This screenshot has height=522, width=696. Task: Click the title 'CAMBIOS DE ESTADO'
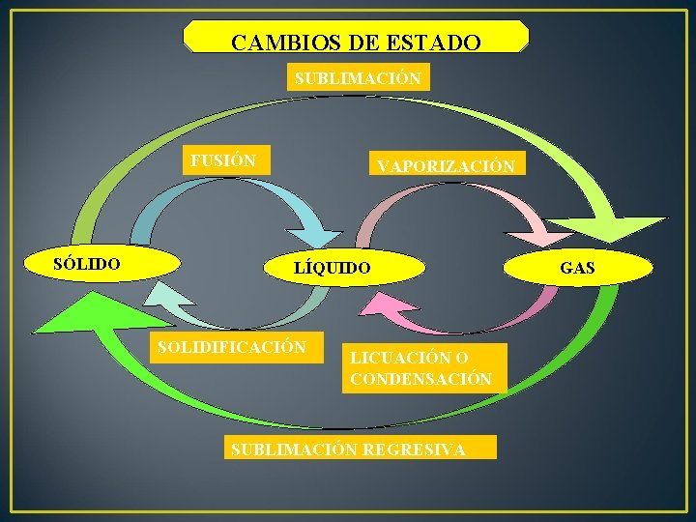coord(356,43)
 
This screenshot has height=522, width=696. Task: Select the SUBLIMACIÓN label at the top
coord(358,78)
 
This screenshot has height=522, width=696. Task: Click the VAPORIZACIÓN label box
coord(445,165)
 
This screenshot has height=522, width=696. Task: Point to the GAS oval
coord(578,268)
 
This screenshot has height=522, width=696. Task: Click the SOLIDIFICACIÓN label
coord(233,346)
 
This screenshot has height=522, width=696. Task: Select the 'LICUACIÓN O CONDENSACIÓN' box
coord(422,368)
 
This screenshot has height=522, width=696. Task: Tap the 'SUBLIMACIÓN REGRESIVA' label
coord(359,449)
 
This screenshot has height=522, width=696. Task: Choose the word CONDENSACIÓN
coord(421,379)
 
